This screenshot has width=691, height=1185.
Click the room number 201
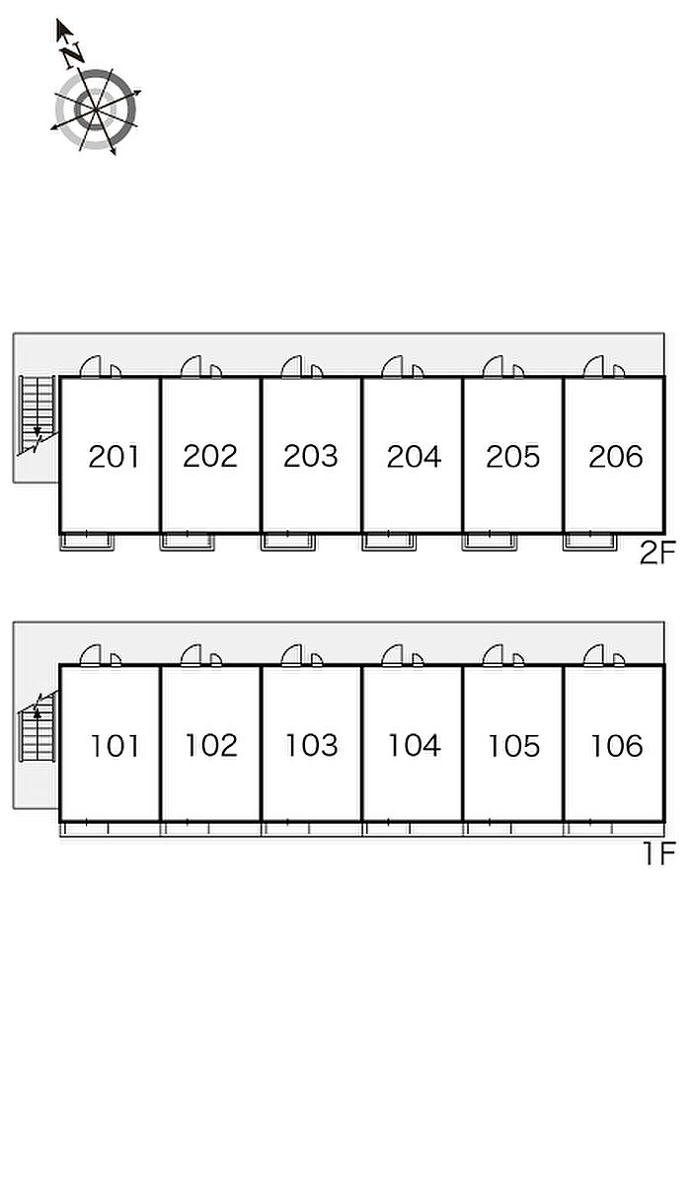coord(114,457)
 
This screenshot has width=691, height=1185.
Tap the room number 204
coord(414,457)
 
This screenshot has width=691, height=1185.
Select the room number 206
coord(615,457)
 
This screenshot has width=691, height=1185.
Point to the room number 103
coord(311,745)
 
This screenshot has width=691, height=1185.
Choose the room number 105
coord(513,746)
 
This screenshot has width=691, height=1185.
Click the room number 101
coord(115,746)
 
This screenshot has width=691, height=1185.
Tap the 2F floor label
coord(656,554)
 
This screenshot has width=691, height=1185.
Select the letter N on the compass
coord(71,55)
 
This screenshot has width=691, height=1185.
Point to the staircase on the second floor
coord(38,414)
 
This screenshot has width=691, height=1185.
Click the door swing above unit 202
coord(192,367)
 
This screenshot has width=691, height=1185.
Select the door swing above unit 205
coord(495,367)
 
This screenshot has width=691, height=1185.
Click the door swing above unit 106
coord(595,655)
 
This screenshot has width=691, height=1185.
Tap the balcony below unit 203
coord(288,542)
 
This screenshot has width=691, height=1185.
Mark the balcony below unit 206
coord(590,542)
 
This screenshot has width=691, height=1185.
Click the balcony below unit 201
coord(87,542)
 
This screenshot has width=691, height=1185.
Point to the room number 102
coord(211,746)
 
